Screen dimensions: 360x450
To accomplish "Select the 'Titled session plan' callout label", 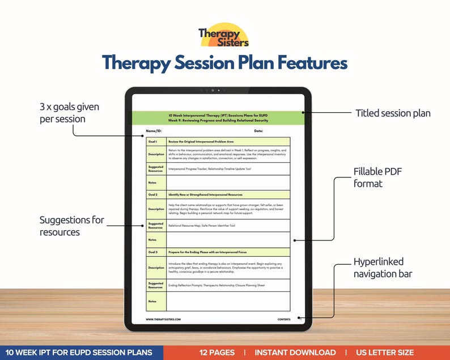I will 393,113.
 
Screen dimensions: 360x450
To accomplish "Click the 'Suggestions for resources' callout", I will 72,226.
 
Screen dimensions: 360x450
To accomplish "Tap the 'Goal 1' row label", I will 152,141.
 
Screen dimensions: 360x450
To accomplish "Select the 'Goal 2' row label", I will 152,194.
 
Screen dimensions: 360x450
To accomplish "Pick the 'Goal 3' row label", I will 152,252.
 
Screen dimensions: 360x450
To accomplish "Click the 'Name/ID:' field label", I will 154,131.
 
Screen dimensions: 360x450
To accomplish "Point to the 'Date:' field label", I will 258,131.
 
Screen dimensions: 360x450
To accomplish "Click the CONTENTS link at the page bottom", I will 284,319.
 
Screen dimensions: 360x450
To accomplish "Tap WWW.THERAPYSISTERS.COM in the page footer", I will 164,319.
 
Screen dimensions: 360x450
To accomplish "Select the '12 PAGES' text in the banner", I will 216,353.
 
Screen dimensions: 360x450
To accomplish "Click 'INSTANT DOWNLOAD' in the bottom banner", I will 295,353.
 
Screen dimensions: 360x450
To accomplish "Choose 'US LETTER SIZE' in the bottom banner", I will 385,353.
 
